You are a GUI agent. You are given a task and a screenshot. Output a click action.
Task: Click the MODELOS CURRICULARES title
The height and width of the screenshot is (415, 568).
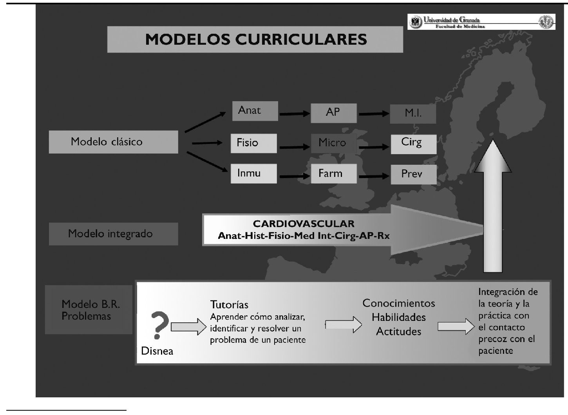(255, 39)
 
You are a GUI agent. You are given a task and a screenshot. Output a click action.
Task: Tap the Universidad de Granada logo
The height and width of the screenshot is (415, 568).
(481, 22)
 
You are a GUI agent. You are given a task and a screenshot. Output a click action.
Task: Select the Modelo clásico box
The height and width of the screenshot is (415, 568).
(113, 142)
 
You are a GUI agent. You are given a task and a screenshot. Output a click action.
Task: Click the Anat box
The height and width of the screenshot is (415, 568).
(255, 111)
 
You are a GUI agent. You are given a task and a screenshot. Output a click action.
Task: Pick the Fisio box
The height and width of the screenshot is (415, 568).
(253, 143)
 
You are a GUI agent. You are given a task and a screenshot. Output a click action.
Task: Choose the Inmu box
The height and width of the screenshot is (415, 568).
(253, 173)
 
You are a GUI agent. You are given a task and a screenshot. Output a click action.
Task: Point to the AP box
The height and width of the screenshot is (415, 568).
(333, 113)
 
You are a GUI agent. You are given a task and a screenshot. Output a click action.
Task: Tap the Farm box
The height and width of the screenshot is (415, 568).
(334, 173)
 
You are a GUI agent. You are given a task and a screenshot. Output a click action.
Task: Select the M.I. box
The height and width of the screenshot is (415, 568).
(413, 114)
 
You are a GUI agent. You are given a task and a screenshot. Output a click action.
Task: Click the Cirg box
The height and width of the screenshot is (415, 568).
(413, 143)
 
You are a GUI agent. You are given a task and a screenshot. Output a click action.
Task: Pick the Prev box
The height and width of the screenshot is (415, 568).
(413, 174)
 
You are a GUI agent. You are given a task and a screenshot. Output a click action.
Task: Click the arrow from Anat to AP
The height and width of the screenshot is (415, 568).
(294, 114)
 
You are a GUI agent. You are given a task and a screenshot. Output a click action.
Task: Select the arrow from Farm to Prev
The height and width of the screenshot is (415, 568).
(374, 176)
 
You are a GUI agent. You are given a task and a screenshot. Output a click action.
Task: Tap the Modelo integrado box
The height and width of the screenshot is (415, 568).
(113, 234)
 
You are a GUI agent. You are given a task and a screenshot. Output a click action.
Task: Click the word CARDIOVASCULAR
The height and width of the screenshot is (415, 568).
(304, 224)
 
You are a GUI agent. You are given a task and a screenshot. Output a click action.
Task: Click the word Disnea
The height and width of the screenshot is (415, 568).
(157, 351)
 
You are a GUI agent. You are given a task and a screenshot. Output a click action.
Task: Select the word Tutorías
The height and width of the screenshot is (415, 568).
(229, 305)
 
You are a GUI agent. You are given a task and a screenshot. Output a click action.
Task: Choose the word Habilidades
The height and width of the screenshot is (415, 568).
(399, 317)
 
